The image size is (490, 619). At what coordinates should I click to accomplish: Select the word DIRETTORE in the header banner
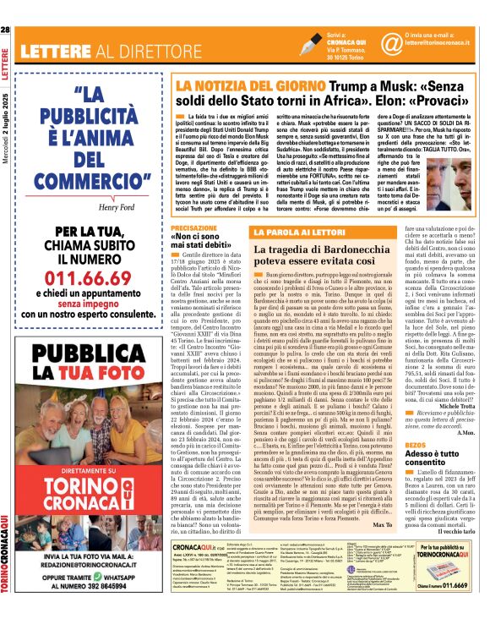click(153, 50)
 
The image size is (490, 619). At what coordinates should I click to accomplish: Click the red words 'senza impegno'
click(72, 287)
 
